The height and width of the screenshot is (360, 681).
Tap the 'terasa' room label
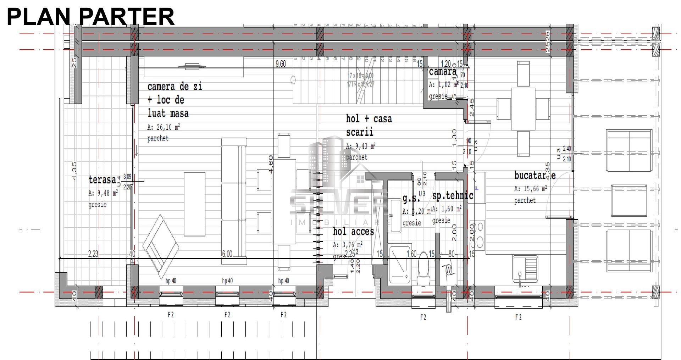(x=102, y=180)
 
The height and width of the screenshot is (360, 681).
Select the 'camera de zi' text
(x=175, y=87)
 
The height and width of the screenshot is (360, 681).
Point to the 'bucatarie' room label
(x=535, y=175)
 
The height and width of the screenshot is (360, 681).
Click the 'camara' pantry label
(x=442, y=72)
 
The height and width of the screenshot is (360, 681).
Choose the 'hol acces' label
(x=353, y=232)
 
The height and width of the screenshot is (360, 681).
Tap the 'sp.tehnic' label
(x=453, y=196)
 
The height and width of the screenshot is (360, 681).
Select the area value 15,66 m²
(x=530, y=189)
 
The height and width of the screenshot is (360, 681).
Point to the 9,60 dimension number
(x=281, y=64)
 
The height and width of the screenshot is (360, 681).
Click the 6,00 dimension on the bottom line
(x=227, y=254)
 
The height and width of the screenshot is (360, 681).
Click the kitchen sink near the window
(x=525, y=270)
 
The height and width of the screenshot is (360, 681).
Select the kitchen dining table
(x=523, y=109)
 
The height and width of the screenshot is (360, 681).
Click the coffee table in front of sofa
(x=194, y=204)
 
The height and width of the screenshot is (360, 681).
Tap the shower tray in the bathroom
(x=400, y=264)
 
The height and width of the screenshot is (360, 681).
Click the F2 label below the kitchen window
(x=518, y=317)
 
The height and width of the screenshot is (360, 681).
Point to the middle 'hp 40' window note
(x=227, y=281)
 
